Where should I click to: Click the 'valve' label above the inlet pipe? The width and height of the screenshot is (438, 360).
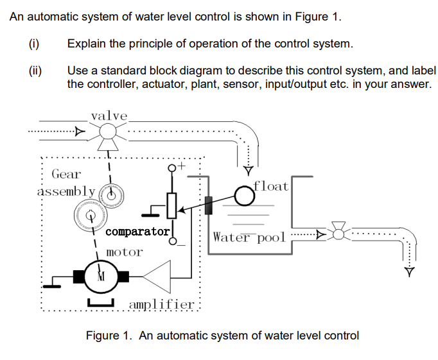(109, 116)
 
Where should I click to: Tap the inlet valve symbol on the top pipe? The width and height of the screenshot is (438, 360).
(107, 133)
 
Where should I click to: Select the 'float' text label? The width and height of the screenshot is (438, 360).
(272, 186)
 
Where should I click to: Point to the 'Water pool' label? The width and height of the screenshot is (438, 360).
(247, 237)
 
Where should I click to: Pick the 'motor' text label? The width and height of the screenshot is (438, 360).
(124, 252)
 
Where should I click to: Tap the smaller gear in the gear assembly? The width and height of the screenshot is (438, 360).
(114, 194)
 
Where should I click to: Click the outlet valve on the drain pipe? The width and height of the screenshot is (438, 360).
(338, 232)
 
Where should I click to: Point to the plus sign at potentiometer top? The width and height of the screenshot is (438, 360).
(182, 166)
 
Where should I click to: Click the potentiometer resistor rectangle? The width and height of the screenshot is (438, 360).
(171, 205)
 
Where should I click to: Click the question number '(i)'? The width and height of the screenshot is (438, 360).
(34, 44)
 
